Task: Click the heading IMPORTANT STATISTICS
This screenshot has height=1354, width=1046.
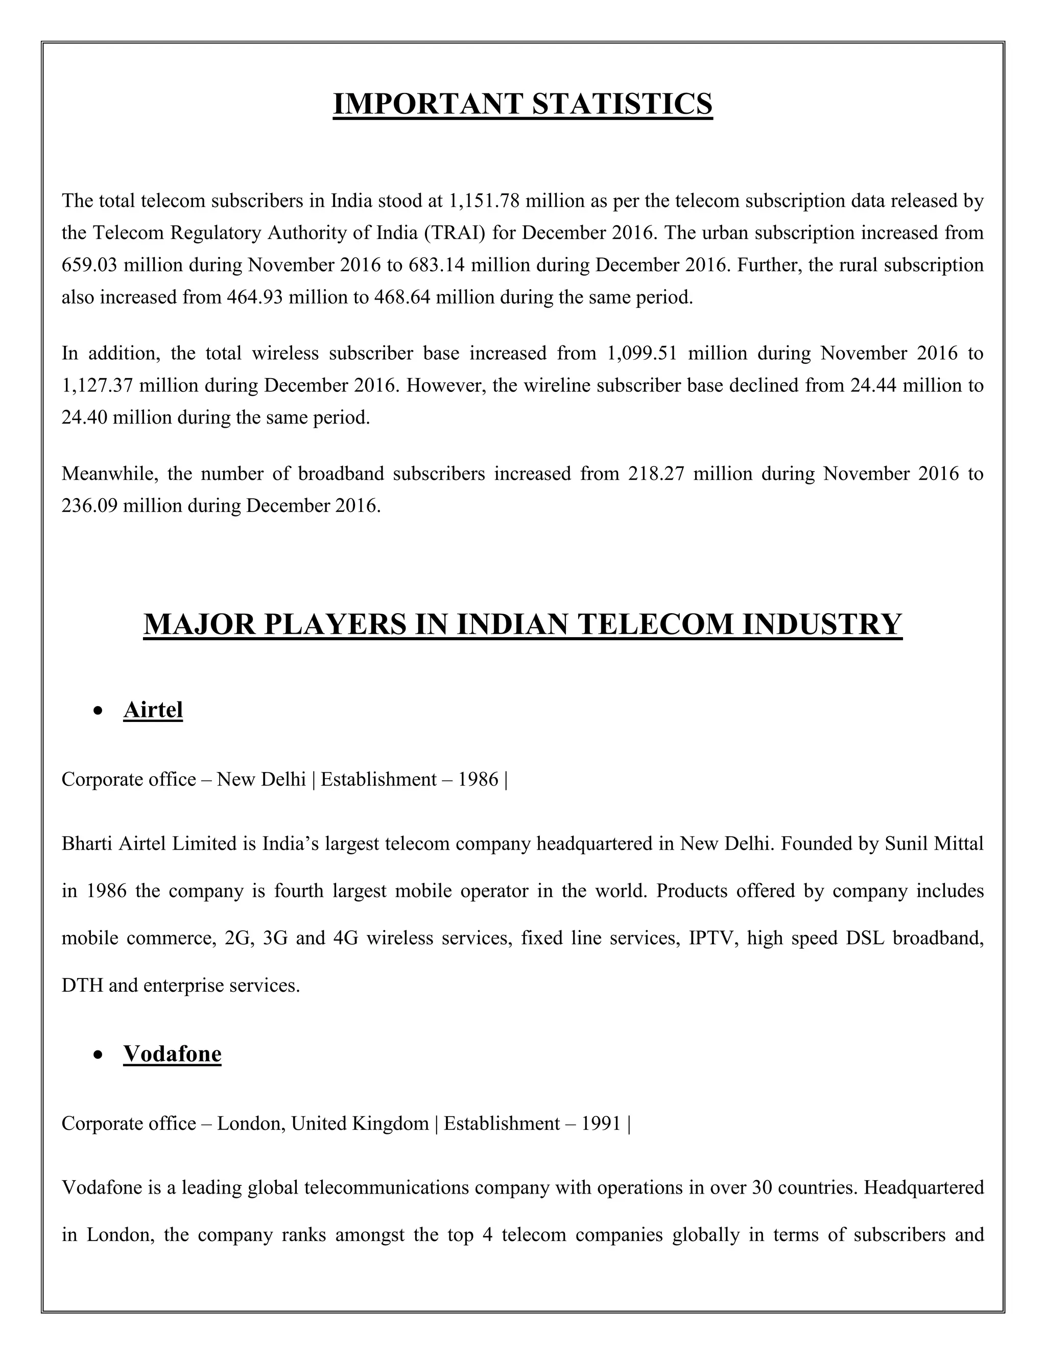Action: tap(522, 104)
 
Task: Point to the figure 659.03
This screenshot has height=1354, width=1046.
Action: tap(90, 265)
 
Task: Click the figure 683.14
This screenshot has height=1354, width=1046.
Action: tap(436, 265)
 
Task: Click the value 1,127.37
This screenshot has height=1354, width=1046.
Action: tap(97, 386)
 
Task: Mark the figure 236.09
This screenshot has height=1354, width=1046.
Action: tap(90, 506)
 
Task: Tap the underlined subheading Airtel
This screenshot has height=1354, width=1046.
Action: tap(153, 710)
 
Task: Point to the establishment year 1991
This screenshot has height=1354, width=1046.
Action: tap(601, 1124)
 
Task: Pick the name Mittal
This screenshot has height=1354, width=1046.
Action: tap(958, 844)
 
